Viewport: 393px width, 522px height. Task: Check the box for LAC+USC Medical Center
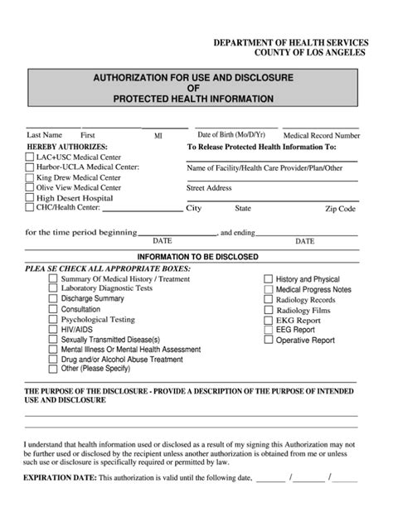tap(30, 157)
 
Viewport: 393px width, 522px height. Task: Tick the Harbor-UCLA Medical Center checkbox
tap(30, 167)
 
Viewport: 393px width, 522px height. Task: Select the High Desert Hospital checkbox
tap(30, 198)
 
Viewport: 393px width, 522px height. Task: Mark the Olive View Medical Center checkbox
tap(30, 187)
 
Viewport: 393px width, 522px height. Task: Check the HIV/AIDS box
tap(54, 328)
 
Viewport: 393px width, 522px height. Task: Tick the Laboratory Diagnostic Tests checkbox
tap(54, 288)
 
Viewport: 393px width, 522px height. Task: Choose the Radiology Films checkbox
tap(269, 309)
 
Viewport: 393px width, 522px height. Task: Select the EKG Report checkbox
tap(269, 319)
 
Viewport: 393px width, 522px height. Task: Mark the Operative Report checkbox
tap(269, 339)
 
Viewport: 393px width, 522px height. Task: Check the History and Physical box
tap(269, 279)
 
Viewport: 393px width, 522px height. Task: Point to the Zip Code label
tap(340, 210)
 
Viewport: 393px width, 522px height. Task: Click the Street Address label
tap(209, 188)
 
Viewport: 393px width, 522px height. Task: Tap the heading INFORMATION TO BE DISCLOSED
tap(197, 257)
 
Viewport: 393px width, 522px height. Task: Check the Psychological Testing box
tap(54, 318)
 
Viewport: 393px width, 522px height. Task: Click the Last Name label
tap(44, 134)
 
